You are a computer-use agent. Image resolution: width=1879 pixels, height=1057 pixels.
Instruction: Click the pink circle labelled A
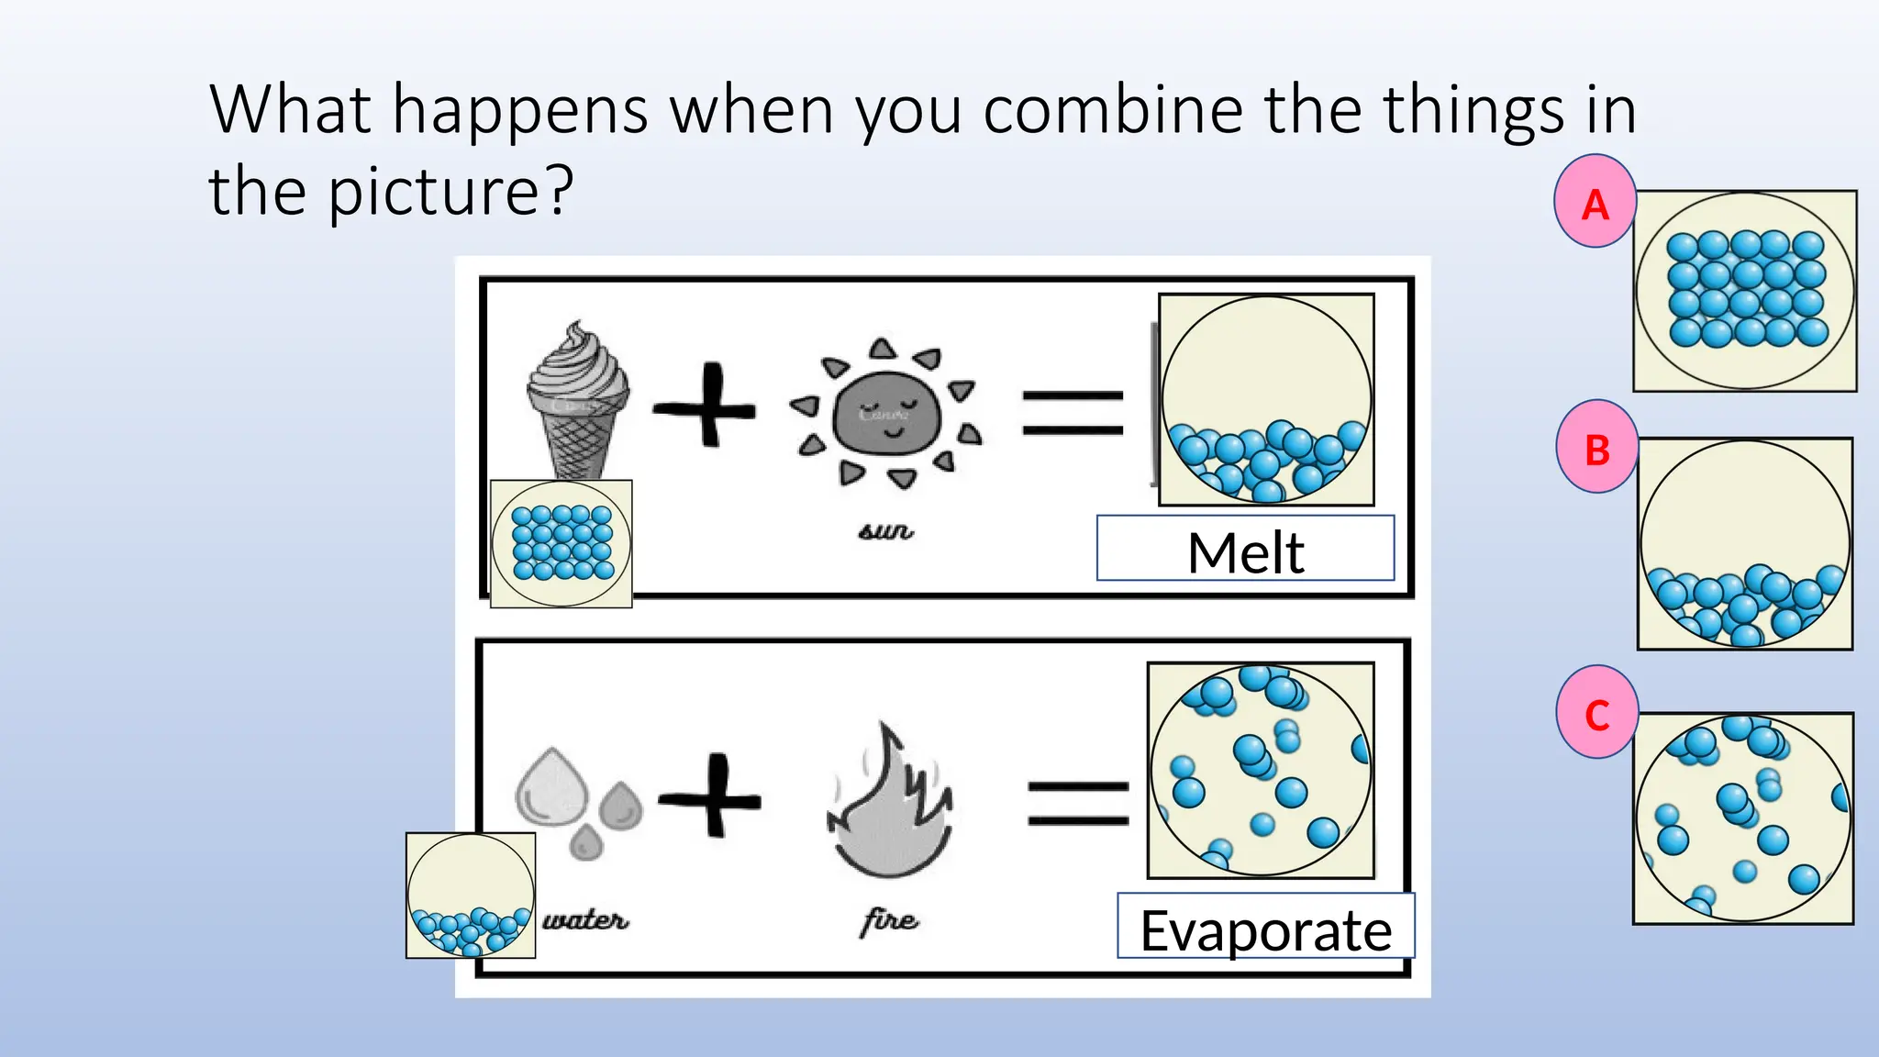[x=1595, y=202]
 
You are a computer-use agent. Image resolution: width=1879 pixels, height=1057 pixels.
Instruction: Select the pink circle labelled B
[x=1597, y=448]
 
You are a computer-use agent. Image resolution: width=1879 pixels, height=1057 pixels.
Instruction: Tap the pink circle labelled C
[x=1597, y=713]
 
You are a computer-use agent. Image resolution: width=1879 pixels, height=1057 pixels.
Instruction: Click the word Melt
[x=1245, y=552]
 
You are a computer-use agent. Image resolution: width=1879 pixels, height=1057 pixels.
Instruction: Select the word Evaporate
[x=1265, y=930]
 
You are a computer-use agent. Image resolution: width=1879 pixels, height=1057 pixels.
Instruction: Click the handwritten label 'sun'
[x=886, y=530]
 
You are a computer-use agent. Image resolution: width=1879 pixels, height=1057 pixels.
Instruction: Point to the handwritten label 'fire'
[x=889, y=919]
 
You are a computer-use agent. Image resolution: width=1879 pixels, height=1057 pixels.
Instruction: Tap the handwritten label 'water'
[x=585, y=919]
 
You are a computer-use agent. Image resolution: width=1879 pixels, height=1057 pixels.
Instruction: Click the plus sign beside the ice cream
[x=706, y=406]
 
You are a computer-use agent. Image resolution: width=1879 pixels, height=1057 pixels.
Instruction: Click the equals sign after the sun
[x=1073, y=413]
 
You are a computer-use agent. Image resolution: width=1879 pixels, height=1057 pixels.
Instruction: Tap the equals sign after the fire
[x=1078, y=802]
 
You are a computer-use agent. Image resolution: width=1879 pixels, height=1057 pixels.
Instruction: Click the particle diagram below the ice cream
[x=561, y=543]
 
